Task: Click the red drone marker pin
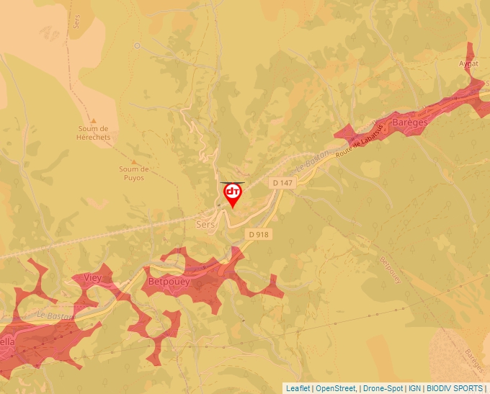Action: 233,193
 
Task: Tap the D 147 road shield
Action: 283,184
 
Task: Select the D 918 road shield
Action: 258,234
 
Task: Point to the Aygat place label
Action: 468,63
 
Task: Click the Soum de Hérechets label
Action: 94,133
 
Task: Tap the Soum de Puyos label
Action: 134,174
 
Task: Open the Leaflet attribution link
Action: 298,388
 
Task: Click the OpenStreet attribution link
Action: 335,388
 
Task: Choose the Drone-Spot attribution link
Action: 382,388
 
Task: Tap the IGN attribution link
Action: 415,388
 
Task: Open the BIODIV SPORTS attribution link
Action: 455,388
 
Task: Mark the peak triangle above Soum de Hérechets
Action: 93,120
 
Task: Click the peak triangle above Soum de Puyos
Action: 133,162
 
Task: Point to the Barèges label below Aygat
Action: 410,122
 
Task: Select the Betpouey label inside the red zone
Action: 168,282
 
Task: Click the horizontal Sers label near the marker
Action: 205,225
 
